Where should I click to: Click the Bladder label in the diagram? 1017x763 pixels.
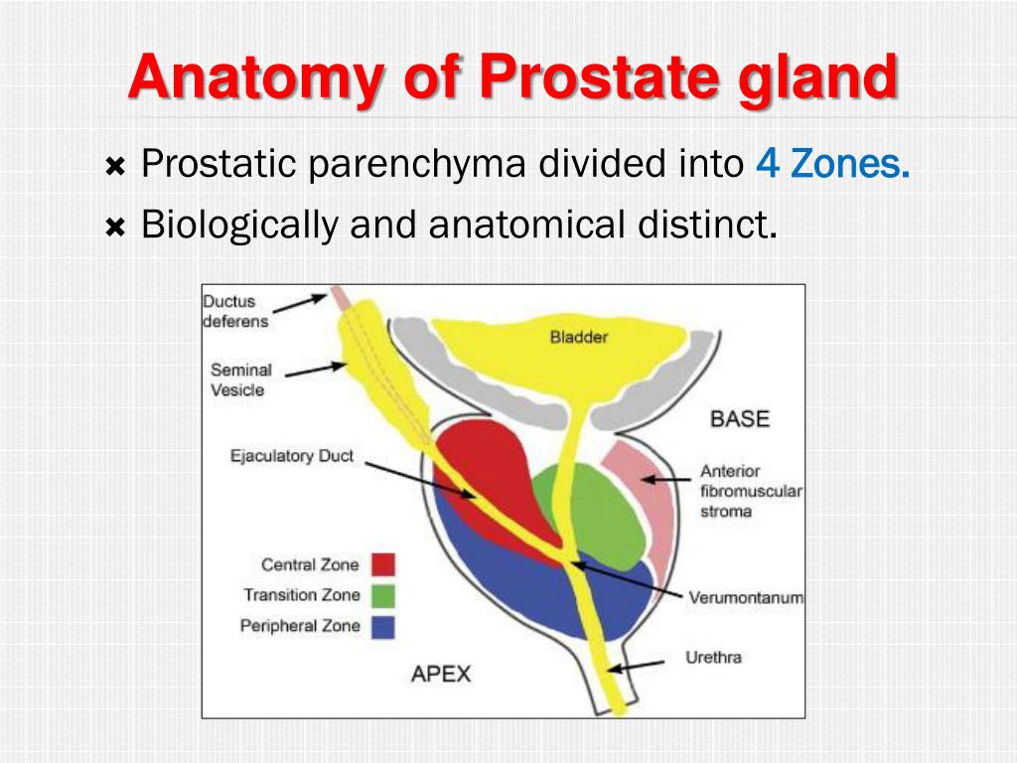click(x=578, y=337)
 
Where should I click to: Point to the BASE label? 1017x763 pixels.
click(x=739, y=418)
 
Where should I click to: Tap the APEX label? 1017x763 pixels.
click(x=441, y=675)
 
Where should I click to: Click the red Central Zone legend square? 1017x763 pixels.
click(x=382, y=564)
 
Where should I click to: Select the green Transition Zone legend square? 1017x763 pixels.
click(x=382, y=595)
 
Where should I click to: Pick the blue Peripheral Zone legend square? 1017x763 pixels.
click(x=382, y=626)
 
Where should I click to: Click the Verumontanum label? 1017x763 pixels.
click(x=746, y=598)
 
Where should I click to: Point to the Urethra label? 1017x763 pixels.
click(x=713, y=658)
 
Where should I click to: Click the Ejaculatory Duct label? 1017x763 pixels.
click(x=292, y=457)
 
